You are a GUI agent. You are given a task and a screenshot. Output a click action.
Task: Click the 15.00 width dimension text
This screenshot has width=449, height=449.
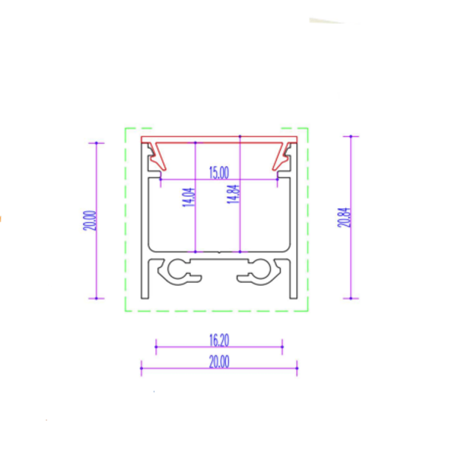click(x=219, y=173)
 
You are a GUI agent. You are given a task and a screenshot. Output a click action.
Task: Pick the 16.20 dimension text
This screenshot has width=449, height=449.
click(x=219, y=340)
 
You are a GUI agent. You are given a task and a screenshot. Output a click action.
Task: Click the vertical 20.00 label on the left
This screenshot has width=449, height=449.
click(x=90, y=220)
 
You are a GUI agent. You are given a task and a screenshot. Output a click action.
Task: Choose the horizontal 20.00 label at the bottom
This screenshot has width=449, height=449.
click(x=219, y=361)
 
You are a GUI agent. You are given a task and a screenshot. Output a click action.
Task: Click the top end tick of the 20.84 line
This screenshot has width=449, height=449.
click(x=350, y=136)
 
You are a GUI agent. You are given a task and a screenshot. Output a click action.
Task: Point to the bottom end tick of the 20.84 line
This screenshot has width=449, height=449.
click(x=350, y=298)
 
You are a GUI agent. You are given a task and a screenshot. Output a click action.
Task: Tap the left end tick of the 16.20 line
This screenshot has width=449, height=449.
click(x=156, y=346)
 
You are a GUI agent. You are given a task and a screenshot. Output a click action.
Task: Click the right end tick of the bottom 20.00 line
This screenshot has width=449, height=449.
click(x=297, y=367)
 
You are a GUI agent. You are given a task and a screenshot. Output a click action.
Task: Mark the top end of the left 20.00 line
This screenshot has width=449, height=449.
click(x=97, y=142)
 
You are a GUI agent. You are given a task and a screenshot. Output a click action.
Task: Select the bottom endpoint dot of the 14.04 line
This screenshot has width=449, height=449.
click(x=195, y=251)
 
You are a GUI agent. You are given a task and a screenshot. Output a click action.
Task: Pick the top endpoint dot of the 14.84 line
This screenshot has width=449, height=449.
click(x=239, y=136)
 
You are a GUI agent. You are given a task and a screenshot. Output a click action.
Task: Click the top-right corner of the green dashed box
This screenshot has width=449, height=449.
click(x=308, y=128)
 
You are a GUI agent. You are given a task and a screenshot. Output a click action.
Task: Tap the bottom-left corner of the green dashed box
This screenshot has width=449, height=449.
click(x=125, y=311)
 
